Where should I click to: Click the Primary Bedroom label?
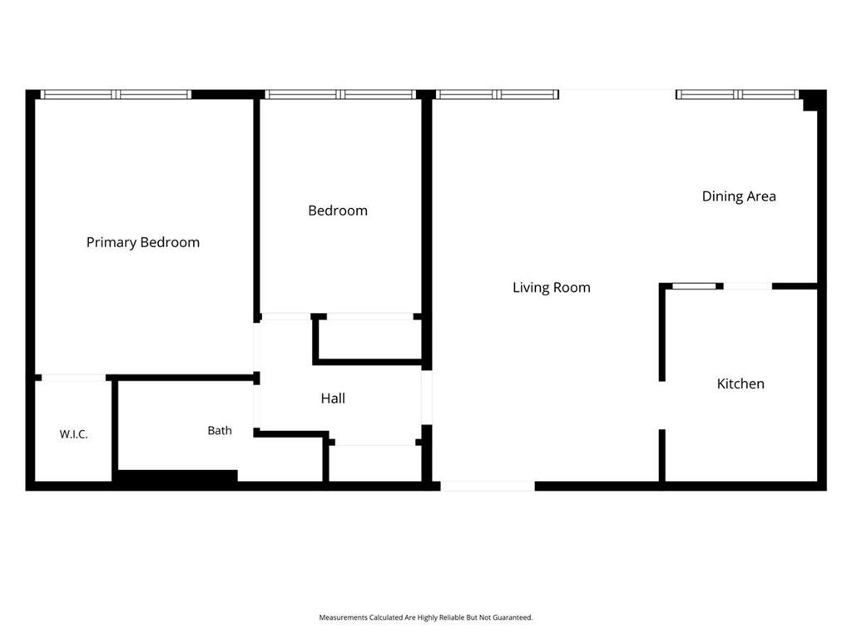click(x=143, y=242)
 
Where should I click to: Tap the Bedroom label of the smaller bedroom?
click(x=338, y=211)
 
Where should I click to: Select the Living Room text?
click(x=552, y=287)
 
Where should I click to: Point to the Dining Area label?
click(x=739, y=196)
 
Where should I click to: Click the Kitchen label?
click(x=740, y=384)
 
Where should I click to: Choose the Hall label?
click(x=333, y=399)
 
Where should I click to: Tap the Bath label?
click(x=220, y=430)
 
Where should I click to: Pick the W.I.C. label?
click(x=73, y=434)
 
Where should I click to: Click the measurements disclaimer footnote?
click(x=425, y=617)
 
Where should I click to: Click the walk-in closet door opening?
click(x=74, y=378)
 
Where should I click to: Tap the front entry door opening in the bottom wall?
click(x=488, y=486)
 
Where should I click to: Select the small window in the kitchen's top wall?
click(x=694, y=286)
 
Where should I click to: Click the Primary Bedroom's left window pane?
click(x=77, y=95)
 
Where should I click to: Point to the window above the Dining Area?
click(x=737, y=95)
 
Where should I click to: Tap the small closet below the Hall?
click(x=374, y=463)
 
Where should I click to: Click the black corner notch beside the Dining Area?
click(x=810, y=101)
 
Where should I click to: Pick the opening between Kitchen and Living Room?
click(x=661, y=405)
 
